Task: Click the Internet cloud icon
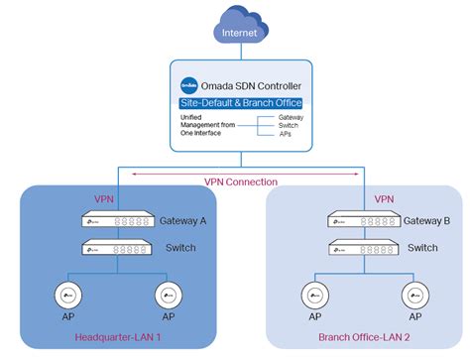point(241,32)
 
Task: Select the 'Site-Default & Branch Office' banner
point(242,102)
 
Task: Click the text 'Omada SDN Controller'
point(253,84)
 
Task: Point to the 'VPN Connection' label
point(242,181)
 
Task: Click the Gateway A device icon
point(117,221)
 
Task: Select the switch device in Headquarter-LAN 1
point(117,247)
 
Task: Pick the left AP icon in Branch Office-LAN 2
point(313,296)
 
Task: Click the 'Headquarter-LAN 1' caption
point(118,338)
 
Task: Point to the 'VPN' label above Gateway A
point(104,198)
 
